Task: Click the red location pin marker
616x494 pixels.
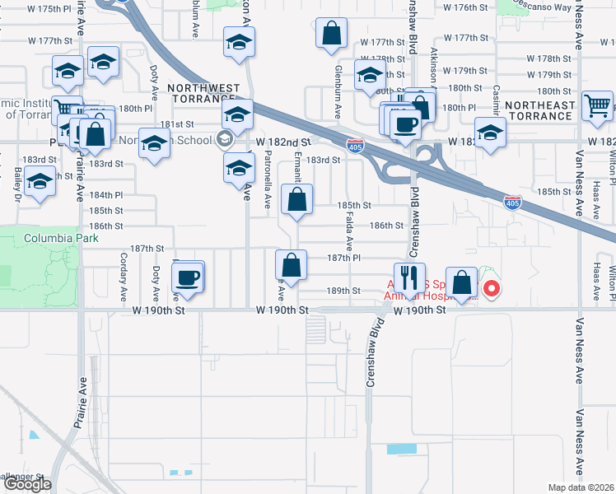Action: coord(492,288)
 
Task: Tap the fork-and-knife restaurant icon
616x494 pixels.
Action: coord(408,277)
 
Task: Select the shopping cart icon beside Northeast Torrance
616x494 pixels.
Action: coord(596,105)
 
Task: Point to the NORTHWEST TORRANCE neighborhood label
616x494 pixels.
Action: coord(203,93)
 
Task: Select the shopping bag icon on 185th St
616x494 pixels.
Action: coord(296,199)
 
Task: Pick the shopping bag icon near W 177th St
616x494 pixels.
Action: coord(330,35)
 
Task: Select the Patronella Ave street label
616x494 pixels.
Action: coord(268,185)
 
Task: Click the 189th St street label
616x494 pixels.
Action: coord(344,291)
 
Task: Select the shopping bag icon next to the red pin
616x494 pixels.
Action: coord(463,282)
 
